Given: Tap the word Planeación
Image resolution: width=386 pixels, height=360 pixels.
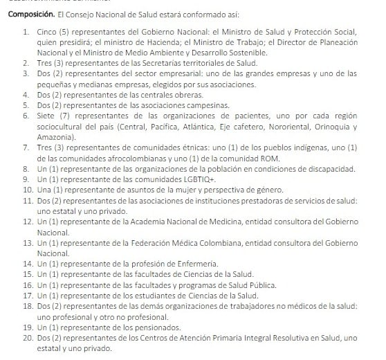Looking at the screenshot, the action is [x=334, y=43].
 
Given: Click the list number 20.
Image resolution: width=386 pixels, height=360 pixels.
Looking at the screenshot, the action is [x=26, y=337].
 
